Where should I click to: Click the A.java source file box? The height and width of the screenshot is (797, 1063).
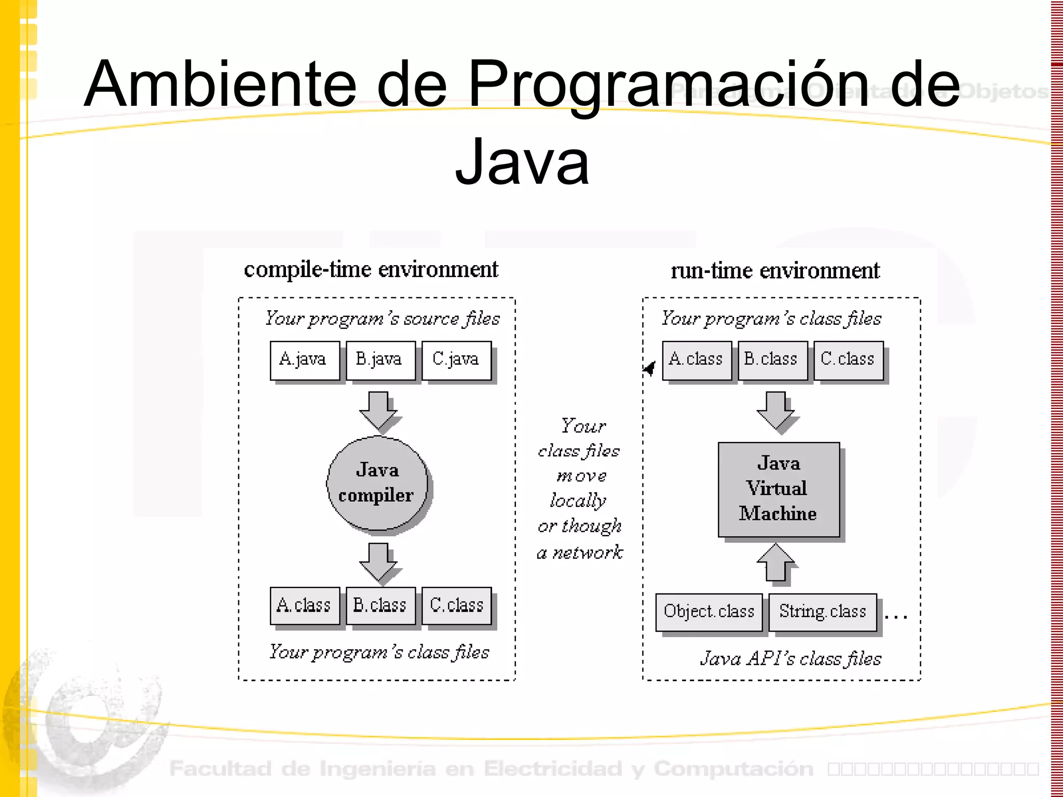coord(305,360)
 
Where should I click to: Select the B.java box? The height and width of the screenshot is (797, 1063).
coord(380,360)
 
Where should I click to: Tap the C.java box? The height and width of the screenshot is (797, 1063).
coord(456,360)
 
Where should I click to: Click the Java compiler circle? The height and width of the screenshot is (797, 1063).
coord(377,483)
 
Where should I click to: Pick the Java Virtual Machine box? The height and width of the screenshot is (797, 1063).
coord(779,489)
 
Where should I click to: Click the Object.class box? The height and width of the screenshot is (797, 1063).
coord(709,612)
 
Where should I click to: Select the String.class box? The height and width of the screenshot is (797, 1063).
coord(823,612)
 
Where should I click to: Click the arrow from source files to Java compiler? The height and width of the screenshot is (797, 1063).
coord(378,410)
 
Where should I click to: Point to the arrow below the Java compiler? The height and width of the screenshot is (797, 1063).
coord(378,561)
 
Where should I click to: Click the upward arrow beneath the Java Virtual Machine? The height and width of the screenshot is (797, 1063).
coord(775,562)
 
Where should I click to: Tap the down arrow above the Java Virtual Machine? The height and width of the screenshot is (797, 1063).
coord(775,410)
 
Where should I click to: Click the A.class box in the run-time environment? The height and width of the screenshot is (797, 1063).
coord(697,360)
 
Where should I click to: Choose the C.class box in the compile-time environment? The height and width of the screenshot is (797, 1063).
coord(456,606)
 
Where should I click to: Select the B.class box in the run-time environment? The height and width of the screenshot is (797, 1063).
coord(772,360)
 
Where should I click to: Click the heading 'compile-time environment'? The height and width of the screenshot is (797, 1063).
coord(371,270)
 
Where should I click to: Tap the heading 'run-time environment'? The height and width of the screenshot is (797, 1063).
coord(775,271)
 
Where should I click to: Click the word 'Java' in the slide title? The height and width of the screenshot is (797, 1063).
coord(522,162)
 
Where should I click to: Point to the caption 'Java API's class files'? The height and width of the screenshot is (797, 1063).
coord(791,658)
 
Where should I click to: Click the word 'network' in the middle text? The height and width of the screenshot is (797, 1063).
coord(588,553)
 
